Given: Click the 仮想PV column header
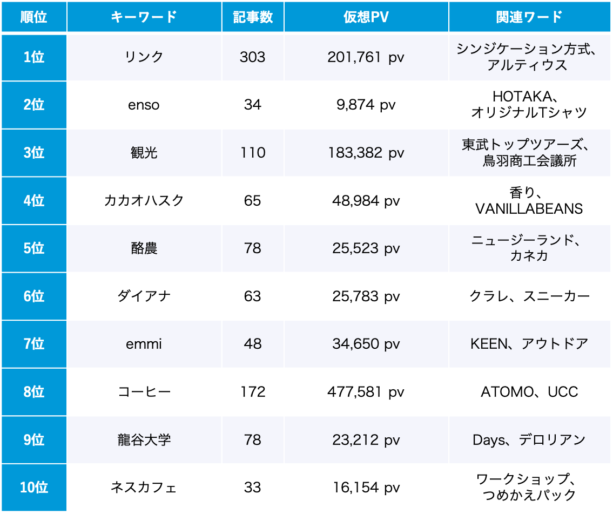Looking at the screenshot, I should pyautogui.click(x=366, y=17).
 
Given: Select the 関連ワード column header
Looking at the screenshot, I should pyautogui.click(x=529, y=17).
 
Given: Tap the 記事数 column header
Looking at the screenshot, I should pyautogui.click(x=253, y=17).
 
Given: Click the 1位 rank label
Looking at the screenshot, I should pyautogui.click(x=34, y=57).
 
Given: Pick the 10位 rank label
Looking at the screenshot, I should pyautogui.click(x=34, y=488).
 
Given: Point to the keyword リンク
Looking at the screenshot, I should pyautogui.click(x=144, y=57).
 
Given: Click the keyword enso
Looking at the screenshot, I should pyautogui.click(x=144, y=105).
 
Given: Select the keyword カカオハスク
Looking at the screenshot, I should pyautogui.click(x=144, y=200).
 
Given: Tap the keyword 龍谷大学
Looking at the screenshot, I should pyautogui.click(x=144, y=440).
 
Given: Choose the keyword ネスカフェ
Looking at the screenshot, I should pyautogui.click(x=144, y=488).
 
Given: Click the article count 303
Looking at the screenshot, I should pyautogui.click(x=253, y=57).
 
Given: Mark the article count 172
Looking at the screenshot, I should pyautogui.click(x=253, y=392).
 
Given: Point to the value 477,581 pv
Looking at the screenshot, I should pyautogui.click(x=366, y=392).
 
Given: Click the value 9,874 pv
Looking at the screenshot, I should pyautogui.click(x=366, y=105).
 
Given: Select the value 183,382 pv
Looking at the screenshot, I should pyautogui.click(x=366, y=153).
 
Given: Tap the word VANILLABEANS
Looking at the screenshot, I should pyautogui.click(x=529, y=209).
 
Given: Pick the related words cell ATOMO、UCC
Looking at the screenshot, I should pyautogui.click(x=529, y=392).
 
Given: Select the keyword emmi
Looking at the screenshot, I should pyautogui.click(x=144, y=344).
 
